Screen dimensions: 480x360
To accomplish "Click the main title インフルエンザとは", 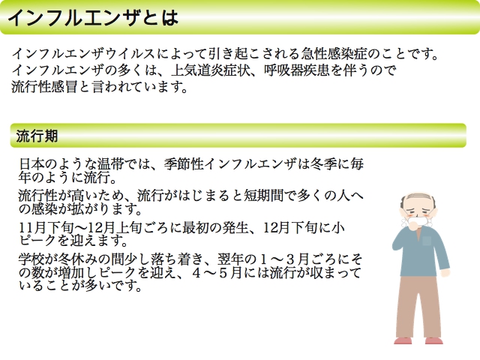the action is (92, 17).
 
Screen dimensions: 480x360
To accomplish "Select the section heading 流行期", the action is (37, 136).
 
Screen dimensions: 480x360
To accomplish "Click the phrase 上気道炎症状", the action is (210, 70).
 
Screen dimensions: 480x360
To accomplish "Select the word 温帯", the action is (110, 164).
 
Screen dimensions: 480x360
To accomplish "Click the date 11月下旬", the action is (46, 227).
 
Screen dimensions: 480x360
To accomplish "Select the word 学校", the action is (31, 259).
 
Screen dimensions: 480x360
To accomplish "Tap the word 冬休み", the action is (77, 259).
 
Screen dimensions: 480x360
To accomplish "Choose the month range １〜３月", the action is (283, 259).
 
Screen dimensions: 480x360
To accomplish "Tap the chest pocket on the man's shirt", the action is (427, 241).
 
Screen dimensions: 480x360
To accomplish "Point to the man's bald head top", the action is (417, 196).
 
